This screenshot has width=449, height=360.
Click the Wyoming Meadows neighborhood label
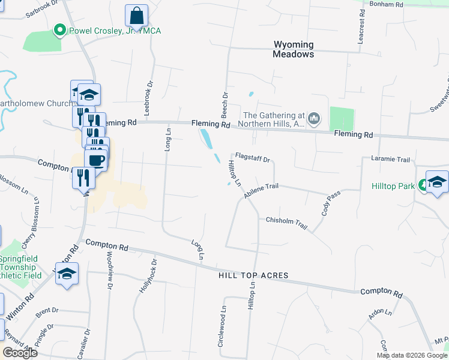click(294, 49)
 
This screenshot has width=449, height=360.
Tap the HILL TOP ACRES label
click(253, 275)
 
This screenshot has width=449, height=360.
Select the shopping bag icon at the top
click(137, 16)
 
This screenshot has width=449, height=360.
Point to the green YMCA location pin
click(59, 29)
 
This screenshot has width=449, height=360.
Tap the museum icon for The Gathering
click(314, 120)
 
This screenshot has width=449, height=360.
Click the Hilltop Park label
click(393, 187)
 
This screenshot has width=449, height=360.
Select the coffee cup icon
click(96, 160)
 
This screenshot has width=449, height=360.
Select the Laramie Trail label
click(391, 160)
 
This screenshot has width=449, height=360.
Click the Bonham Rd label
click(387, 4)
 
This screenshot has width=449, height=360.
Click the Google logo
click(20, 353)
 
